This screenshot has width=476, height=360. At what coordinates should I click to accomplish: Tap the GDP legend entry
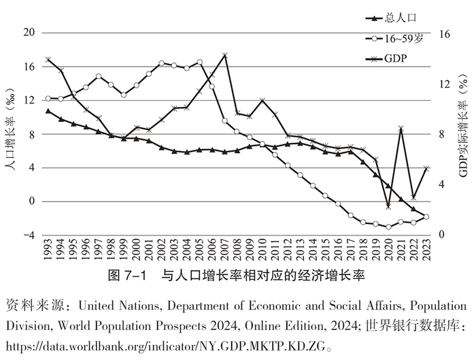395,59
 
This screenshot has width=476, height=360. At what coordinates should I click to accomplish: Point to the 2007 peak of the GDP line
225,55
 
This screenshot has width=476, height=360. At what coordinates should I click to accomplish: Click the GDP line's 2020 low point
388,206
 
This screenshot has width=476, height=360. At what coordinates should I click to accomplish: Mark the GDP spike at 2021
401,128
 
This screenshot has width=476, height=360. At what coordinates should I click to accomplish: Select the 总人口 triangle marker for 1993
48,110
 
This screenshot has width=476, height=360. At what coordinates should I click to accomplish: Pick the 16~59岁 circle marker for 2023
427,216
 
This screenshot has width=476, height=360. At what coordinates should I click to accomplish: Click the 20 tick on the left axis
28,33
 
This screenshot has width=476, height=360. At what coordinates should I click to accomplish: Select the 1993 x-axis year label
48,252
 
